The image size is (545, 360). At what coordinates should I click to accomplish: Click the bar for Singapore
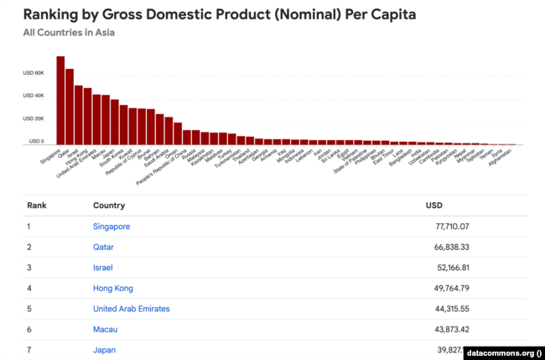60,101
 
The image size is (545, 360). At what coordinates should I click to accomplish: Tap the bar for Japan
114,123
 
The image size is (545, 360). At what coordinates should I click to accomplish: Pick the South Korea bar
123,125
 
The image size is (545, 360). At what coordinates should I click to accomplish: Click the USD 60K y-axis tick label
34,73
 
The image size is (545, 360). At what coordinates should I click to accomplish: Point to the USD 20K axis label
34,118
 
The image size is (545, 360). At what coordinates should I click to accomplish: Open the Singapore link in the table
112,227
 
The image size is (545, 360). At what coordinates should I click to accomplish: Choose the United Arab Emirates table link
135,309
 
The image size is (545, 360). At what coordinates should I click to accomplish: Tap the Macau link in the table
106,329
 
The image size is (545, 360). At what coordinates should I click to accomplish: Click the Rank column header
37,205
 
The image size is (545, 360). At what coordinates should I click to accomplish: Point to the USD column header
433,205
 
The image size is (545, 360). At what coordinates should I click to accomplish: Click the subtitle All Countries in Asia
70,33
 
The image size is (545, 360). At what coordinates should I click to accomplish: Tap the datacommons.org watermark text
501,352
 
